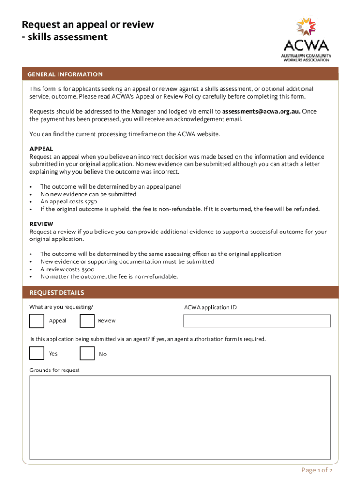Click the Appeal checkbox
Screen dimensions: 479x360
(x=36, y=321)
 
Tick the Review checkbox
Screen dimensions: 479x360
(x=87, y=321)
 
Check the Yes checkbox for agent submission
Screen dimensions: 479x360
(x=36, y=353)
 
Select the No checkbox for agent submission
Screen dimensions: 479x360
(x=87, y=353)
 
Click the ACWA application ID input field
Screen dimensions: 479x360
(x=257, y=321)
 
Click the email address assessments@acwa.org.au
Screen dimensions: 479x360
(x=261, y=111)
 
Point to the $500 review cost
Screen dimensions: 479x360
(x=87, y=269)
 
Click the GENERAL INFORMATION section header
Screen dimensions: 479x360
(x=65, y=74)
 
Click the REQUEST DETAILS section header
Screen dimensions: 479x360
(x=57, y=293)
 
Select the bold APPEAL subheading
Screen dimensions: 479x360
(x=41, y=149)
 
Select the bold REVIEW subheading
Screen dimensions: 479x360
(x=41, y=224)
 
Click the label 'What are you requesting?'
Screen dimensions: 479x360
(x=61, y=307)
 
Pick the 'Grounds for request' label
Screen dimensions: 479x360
(x=55, y=370)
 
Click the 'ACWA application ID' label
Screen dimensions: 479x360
(x=213, y=307)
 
